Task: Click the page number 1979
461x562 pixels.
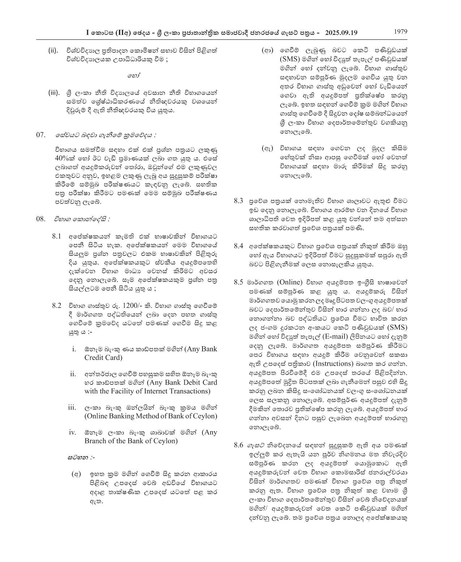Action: (x=400, y=31)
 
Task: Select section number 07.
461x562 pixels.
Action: (x=41, y=135)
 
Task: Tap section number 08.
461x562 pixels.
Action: (x=41, y=219)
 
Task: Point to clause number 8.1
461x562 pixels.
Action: (x=57, y=236)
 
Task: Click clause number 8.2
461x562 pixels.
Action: (x=57, y=305)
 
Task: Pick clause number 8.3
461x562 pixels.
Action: (x=238, y=201)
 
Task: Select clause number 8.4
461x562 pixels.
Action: (x=238, y=246)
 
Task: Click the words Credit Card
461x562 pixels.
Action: (x=103, y=358)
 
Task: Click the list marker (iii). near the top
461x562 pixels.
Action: (x=54, y=93)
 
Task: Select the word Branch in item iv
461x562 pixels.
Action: (x=95, y=441)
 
